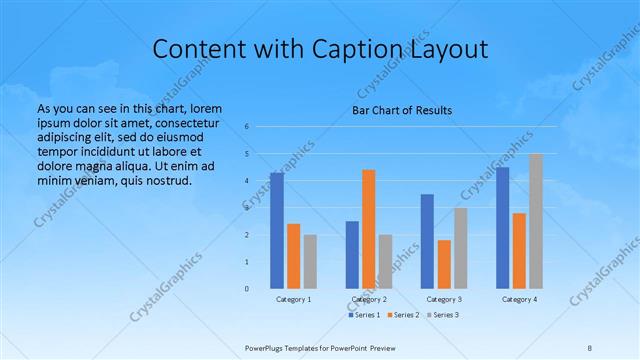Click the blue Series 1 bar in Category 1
tap(277, 231)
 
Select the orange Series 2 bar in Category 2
tap(369, 229)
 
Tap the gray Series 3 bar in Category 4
tap(536, 221)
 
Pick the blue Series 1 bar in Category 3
tap(427, 241)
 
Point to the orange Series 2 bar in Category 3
tap(444, 264)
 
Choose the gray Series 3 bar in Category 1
tap(310, 262)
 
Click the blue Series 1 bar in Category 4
tap(502, 228)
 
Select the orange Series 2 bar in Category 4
tap(519, 251)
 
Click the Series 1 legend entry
tap(364, 315)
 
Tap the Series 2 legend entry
tap(403, 315)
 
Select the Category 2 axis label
tap(369, 300)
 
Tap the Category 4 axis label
tap(519, 300)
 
